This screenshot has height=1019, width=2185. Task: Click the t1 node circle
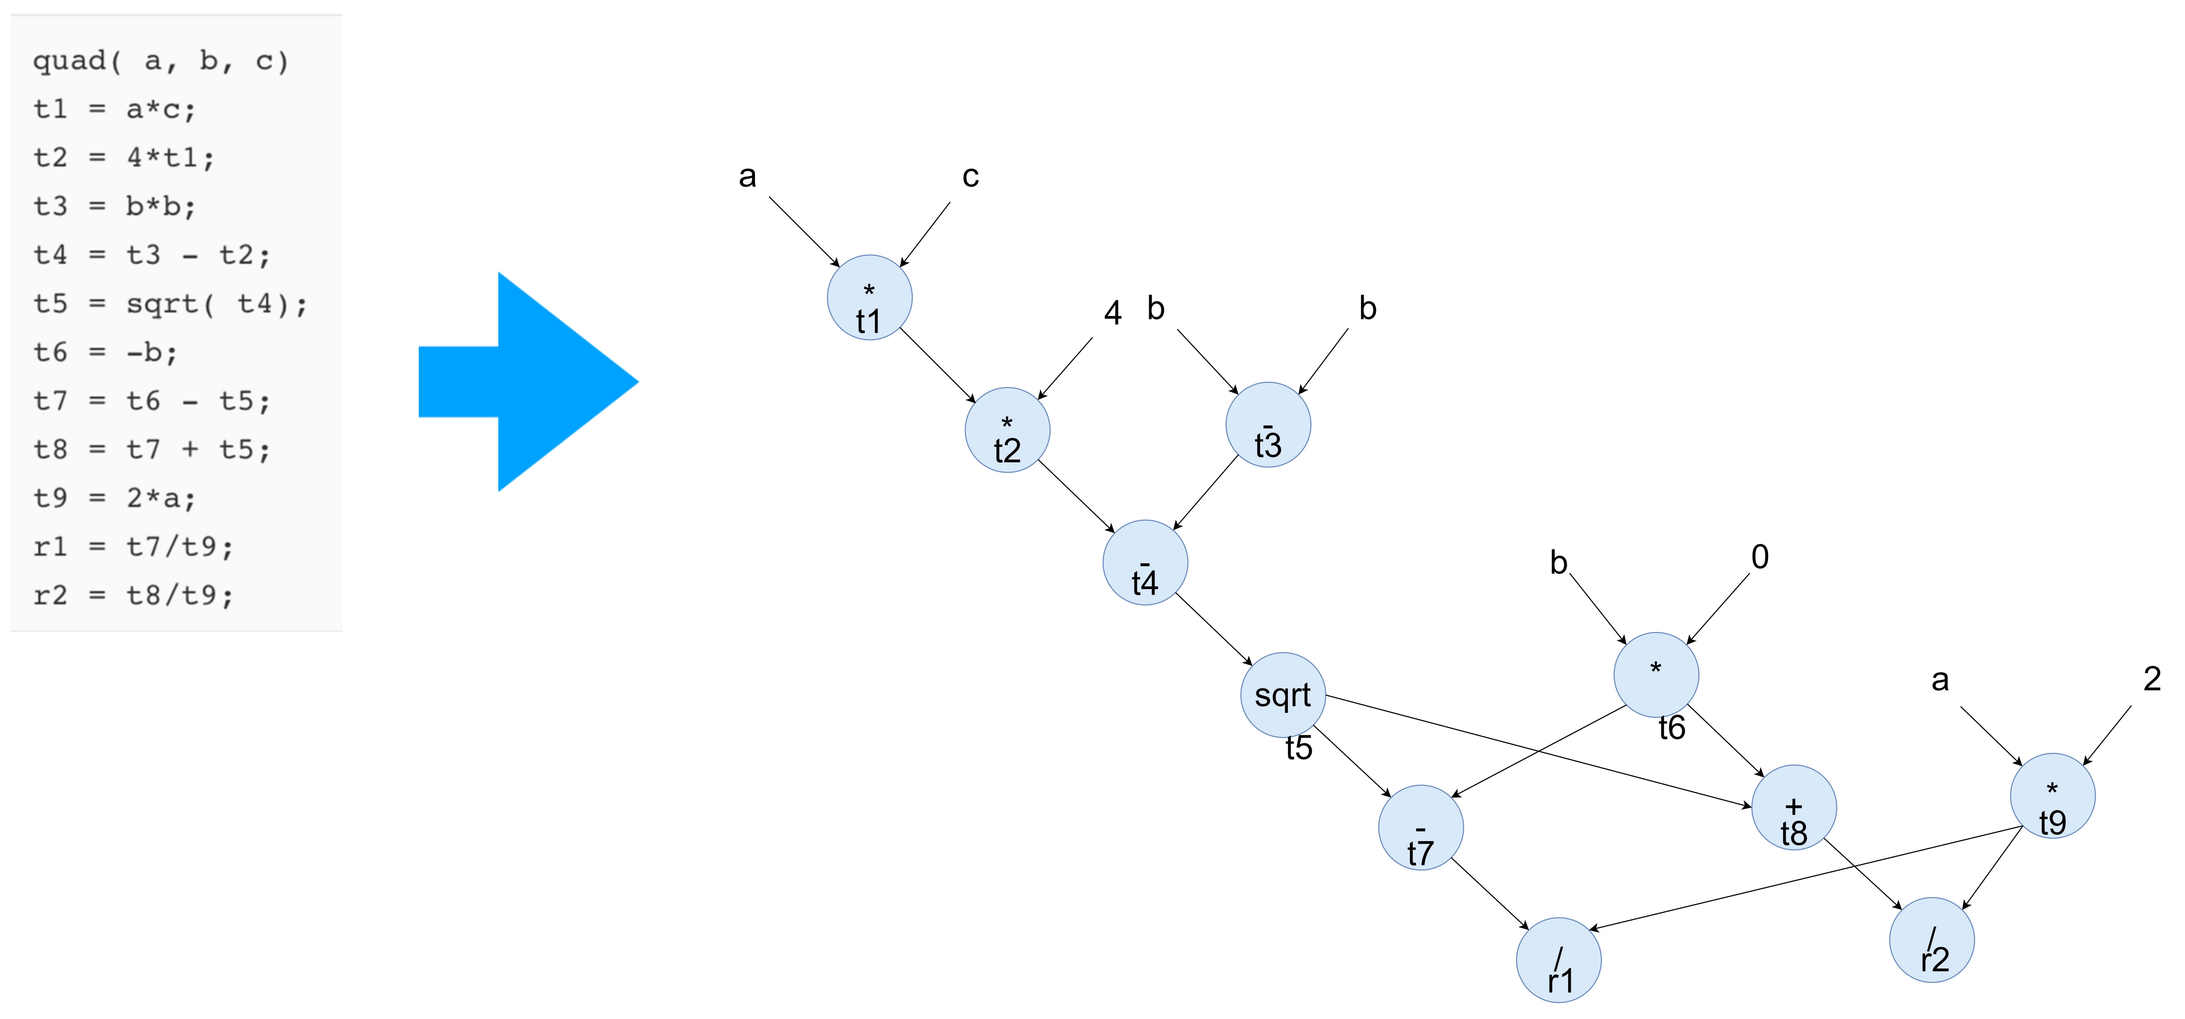point(869,298)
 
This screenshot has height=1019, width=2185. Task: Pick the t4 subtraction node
point(1145,563)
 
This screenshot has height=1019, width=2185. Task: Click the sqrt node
point(1283,695)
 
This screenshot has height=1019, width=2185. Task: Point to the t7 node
point(1421,827)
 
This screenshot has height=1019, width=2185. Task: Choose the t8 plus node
point(1794,807)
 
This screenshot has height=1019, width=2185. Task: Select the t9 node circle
point(2053,796)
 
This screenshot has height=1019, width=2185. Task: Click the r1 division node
point(1559,960)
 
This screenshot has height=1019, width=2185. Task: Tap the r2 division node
point(1932,940)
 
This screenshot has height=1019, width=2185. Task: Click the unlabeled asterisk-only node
point(1656,675)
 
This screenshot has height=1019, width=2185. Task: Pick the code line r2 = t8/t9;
point(133,595)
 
